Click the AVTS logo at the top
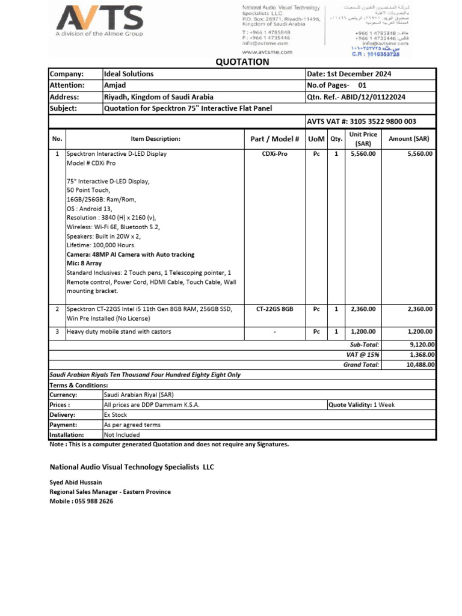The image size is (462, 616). point(100,21)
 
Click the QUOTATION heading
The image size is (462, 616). point(242,61)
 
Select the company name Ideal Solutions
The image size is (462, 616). point(129,74)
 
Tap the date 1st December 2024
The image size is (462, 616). point(349,74)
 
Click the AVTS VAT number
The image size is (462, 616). point(361,122)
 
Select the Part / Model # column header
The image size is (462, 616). point(274,139)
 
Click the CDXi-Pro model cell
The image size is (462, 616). point(274,154)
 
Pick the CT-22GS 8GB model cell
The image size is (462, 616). point(274,309)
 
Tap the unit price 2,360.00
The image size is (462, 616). point(363,309)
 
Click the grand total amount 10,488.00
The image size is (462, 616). point(420,365)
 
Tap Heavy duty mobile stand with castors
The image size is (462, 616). point(119,331)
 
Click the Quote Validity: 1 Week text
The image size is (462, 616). point(362,405)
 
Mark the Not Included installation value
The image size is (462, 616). point(122,434)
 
